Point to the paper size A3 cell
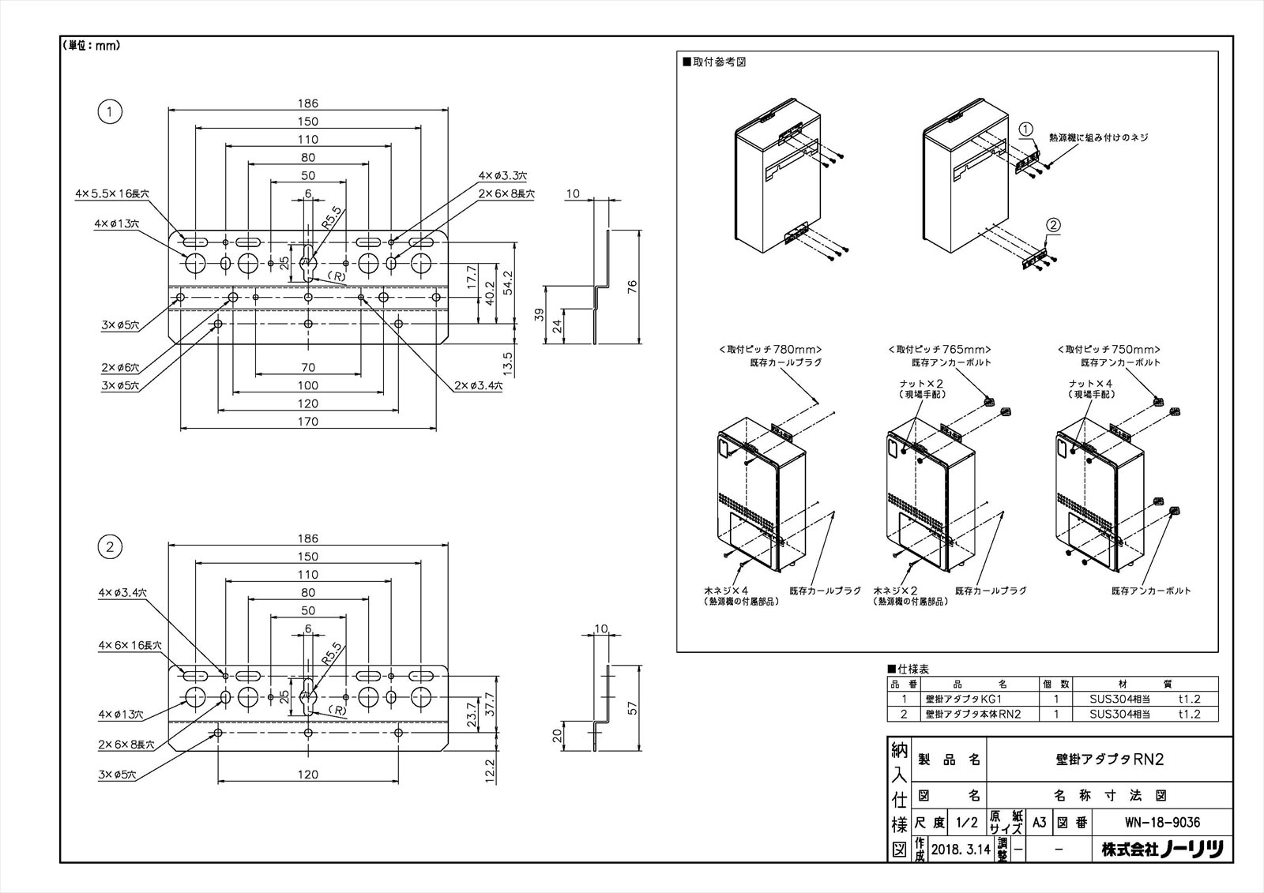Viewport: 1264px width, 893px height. pyautogui.click(x=1040, y=822)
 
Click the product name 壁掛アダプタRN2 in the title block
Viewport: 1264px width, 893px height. pyautogui.click(x=1110, y=760)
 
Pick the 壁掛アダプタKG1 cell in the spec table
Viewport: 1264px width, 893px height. pyautogui.click(x=968, y=699)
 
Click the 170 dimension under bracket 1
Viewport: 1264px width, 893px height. pyautogui.click(x=308, y=422)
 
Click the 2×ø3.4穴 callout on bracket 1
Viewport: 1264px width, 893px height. pyautogui.click(x=482, y=387)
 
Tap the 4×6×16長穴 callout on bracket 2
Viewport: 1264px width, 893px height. pyautogui.click(x=130, y=645)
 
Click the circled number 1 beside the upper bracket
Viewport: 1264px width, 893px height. pyautogui.click(x=110, y=112)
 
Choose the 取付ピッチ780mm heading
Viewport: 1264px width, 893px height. pyautogui.click(x=770, y=348)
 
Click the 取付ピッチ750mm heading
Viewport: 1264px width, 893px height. pyautogui.click(x=1108, y=348)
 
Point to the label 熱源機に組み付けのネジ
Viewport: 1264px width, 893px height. pyautogui.click(x=1098, y=137)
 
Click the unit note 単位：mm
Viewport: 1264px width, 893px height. pyautogui.click(x=91, y=46)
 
